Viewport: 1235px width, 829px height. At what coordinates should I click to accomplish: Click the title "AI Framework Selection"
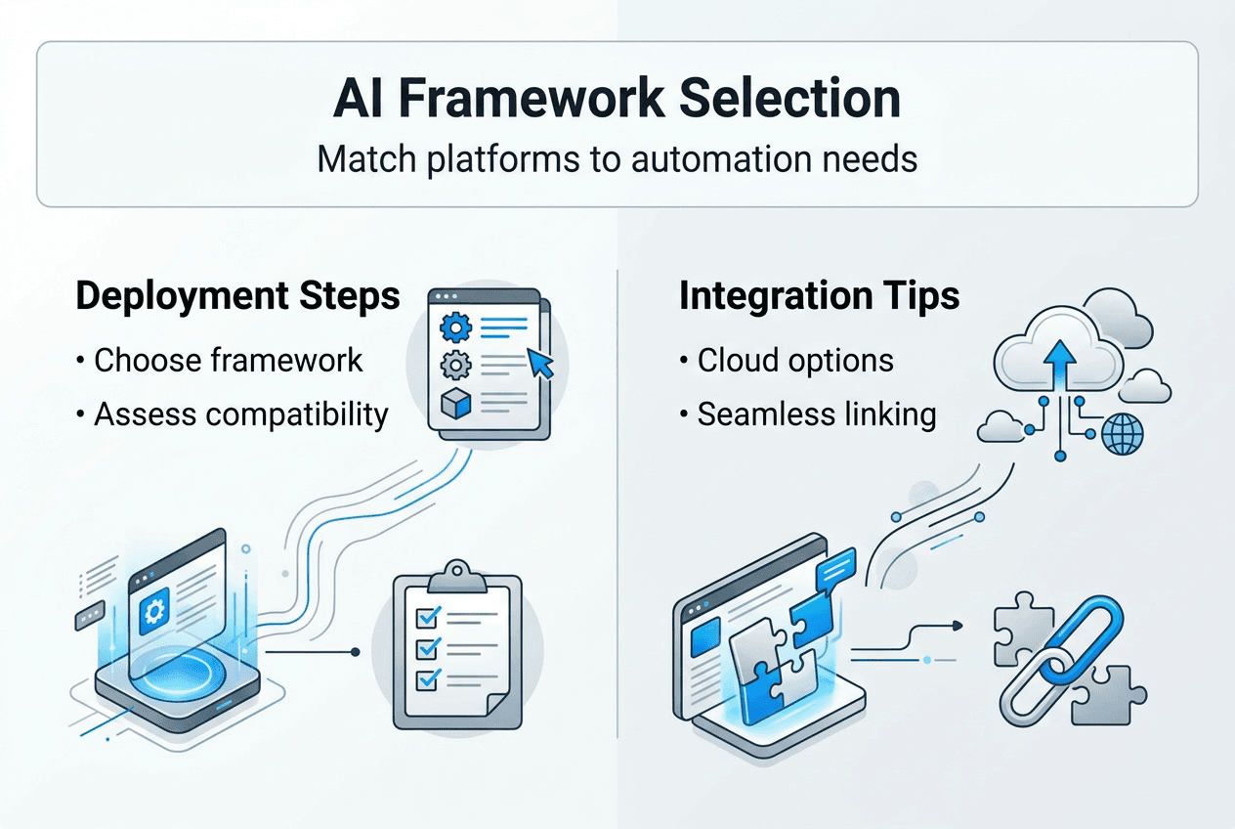[x=617, y=100]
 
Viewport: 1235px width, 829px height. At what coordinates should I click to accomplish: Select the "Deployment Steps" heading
[x=237, y=297]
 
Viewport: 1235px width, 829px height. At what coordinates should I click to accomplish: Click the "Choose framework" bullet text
[x=228, y=360]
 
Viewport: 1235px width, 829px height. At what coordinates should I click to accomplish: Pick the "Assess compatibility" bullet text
[x=240, y=414]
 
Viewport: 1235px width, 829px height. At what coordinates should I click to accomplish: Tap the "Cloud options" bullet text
[x=794, y=360]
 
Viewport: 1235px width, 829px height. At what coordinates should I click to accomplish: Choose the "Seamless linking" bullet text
[x=816, y=414]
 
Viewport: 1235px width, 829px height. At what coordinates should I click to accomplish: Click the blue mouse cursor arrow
[x=539, y=364]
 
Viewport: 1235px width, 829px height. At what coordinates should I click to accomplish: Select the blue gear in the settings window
[x=453, y=326]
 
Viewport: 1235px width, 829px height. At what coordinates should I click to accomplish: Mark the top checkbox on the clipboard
[x=427, y=616]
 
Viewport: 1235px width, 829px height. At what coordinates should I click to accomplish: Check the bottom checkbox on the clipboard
[x=427, y=678]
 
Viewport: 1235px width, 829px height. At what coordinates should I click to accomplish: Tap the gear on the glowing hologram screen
[x=153, y=612]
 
